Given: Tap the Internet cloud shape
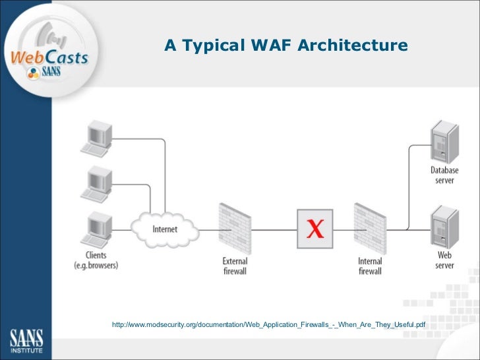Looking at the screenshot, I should click(165, 229).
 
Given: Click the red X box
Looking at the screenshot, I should click(316, 228).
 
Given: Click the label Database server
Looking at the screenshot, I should click(444, 175).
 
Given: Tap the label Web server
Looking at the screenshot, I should click(444, 260).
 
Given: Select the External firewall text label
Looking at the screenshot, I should click(235, 266).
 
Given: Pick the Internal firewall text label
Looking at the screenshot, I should click(370, 266).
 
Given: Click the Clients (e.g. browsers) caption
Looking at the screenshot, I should click(96, 260).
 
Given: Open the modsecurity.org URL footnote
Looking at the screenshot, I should click(269, 325).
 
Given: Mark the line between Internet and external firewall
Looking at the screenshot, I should click(208, 229).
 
